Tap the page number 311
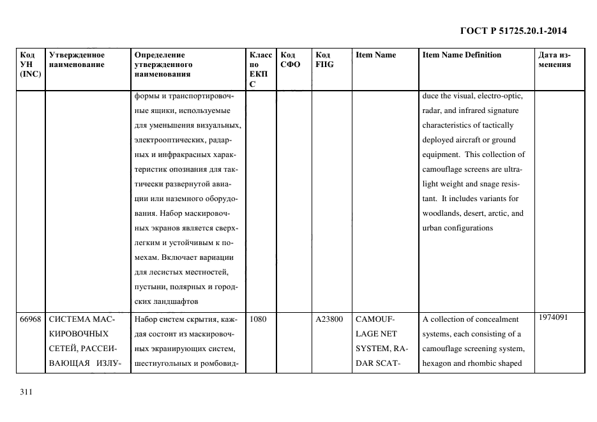tap(26, 392)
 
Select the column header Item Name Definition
tap(462, 55)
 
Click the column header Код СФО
tap(291, 59)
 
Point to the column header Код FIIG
tap(324, 59)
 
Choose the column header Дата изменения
tap(554, 59)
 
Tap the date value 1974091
tap(552, 317)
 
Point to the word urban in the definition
tap(432, 229)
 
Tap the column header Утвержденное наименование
tap(77, 59)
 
